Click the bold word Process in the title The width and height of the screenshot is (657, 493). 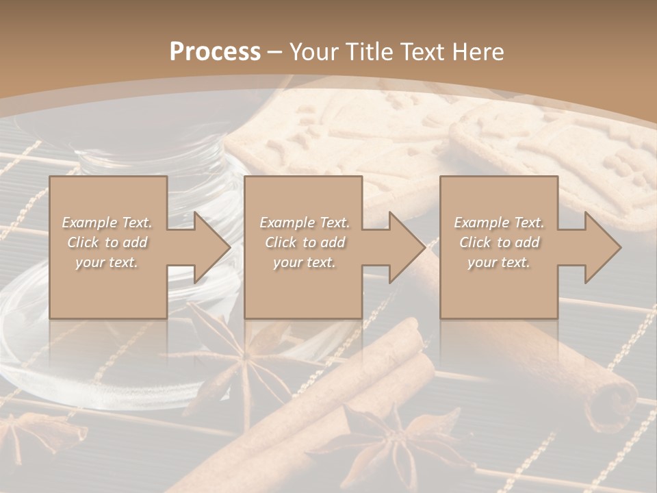pos(215,52)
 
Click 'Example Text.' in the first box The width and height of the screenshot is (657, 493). pos(107,223)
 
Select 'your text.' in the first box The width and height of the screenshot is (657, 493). pos(107,262)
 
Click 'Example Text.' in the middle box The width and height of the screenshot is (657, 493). pos(305,223)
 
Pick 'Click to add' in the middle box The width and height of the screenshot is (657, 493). pos(305,242)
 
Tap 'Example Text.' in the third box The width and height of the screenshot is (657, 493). pos(499,223)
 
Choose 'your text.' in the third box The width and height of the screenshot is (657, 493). pos(499,262)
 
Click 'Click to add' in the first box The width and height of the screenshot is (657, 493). pos(107,242)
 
